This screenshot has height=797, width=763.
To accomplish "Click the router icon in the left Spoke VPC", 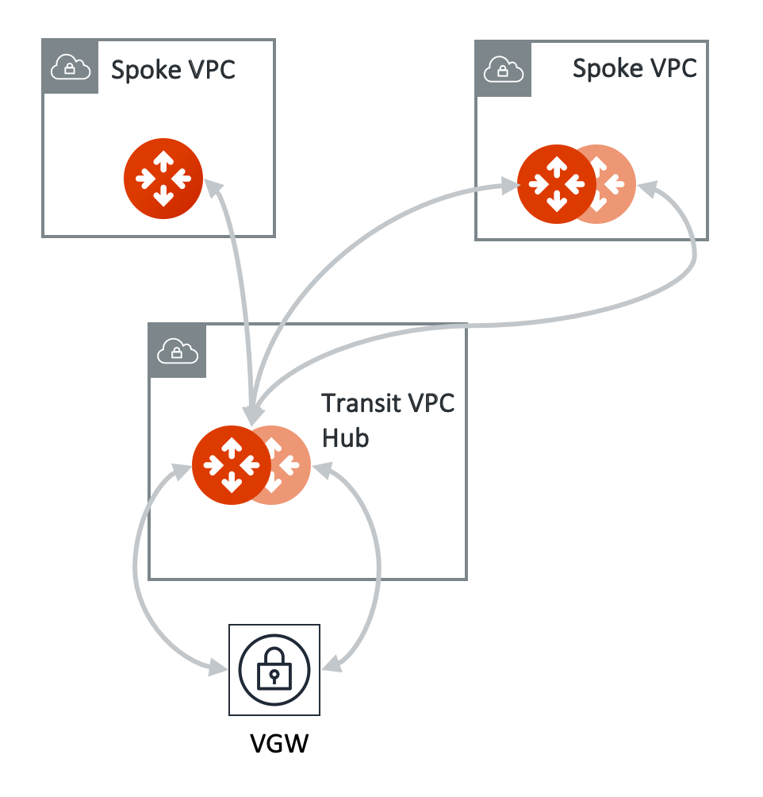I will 163,178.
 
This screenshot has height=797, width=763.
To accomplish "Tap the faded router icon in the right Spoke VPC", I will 615,185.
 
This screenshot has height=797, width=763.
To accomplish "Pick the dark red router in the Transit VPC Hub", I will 231,465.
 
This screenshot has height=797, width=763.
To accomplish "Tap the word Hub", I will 345,437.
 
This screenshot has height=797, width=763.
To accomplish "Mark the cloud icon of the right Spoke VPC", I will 503,70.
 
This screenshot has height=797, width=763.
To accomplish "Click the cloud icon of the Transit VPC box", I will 177,350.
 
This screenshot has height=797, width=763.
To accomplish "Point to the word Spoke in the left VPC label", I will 144,70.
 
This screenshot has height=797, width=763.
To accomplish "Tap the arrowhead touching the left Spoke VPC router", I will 213,188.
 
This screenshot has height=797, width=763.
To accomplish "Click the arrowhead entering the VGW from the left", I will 218,667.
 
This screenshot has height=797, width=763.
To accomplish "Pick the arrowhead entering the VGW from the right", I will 332,664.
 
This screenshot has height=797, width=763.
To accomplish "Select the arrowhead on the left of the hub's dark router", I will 182,470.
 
